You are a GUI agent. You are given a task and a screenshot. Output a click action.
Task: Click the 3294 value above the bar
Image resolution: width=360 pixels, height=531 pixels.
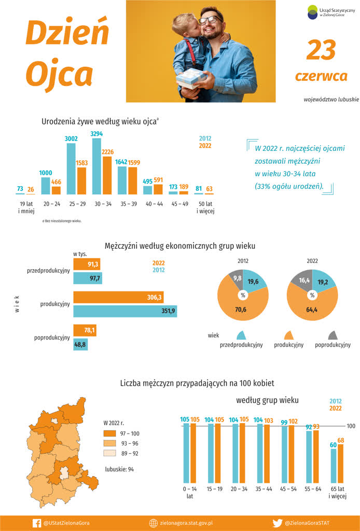click(96, 134)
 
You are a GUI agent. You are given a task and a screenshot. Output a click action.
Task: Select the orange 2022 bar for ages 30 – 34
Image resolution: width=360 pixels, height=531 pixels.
click(107, 175)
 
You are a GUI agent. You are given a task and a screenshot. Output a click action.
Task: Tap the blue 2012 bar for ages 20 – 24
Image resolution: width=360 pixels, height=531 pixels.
click(46, 186)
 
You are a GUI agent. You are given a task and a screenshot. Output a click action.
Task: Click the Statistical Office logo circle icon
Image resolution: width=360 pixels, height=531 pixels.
click(312, 12)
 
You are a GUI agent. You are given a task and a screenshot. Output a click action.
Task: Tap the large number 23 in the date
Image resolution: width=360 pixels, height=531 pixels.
click(321, 50)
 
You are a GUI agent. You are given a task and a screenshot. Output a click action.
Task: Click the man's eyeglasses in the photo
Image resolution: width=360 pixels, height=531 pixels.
click(210, 20)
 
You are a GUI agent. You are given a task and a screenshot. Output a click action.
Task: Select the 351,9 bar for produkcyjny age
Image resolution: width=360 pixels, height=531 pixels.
click(125, 311)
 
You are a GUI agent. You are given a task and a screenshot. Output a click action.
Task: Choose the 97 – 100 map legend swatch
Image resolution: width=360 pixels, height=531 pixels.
click(109, 434)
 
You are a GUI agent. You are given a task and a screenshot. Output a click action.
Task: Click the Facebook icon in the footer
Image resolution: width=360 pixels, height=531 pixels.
click(37, 523)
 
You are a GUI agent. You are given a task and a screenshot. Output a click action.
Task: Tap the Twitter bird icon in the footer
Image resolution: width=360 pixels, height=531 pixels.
click(277, 523)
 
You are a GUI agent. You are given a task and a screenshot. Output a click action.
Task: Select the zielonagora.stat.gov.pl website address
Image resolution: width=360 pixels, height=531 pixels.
click(187, 523)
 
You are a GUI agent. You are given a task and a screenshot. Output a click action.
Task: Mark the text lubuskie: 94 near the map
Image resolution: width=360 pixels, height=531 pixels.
click(119, 469)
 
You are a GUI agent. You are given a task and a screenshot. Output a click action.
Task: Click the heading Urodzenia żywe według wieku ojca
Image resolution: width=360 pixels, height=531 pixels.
click(100, 121)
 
